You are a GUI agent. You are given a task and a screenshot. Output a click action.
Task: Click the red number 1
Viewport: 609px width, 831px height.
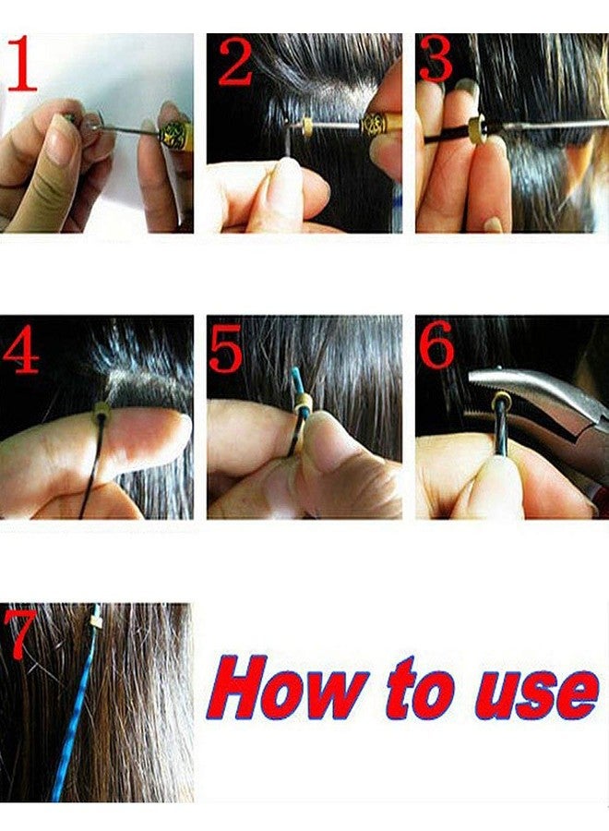22,65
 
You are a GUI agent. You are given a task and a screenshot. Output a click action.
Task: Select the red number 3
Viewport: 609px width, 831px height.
436,61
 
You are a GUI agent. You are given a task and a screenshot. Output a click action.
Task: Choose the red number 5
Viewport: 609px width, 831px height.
226,348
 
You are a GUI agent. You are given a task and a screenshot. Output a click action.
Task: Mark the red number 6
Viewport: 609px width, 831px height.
436,346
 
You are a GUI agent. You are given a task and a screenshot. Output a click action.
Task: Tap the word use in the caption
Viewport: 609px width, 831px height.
534,691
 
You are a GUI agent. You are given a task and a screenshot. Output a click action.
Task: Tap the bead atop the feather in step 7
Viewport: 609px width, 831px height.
94,623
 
